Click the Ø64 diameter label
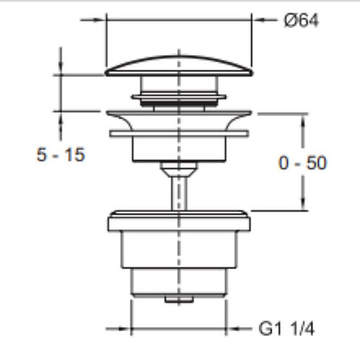(301, 20)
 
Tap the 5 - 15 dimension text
(61, 155)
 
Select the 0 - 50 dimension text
(302, 163)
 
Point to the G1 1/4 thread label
(286, 329)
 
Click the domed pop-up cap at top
(179, 66)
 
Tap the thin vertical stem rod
(179, 193)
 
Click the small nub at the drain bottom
(179, 299)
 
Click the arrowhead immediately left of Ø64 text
(259, 20)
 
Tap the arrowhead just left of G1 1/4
(233, 329)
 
